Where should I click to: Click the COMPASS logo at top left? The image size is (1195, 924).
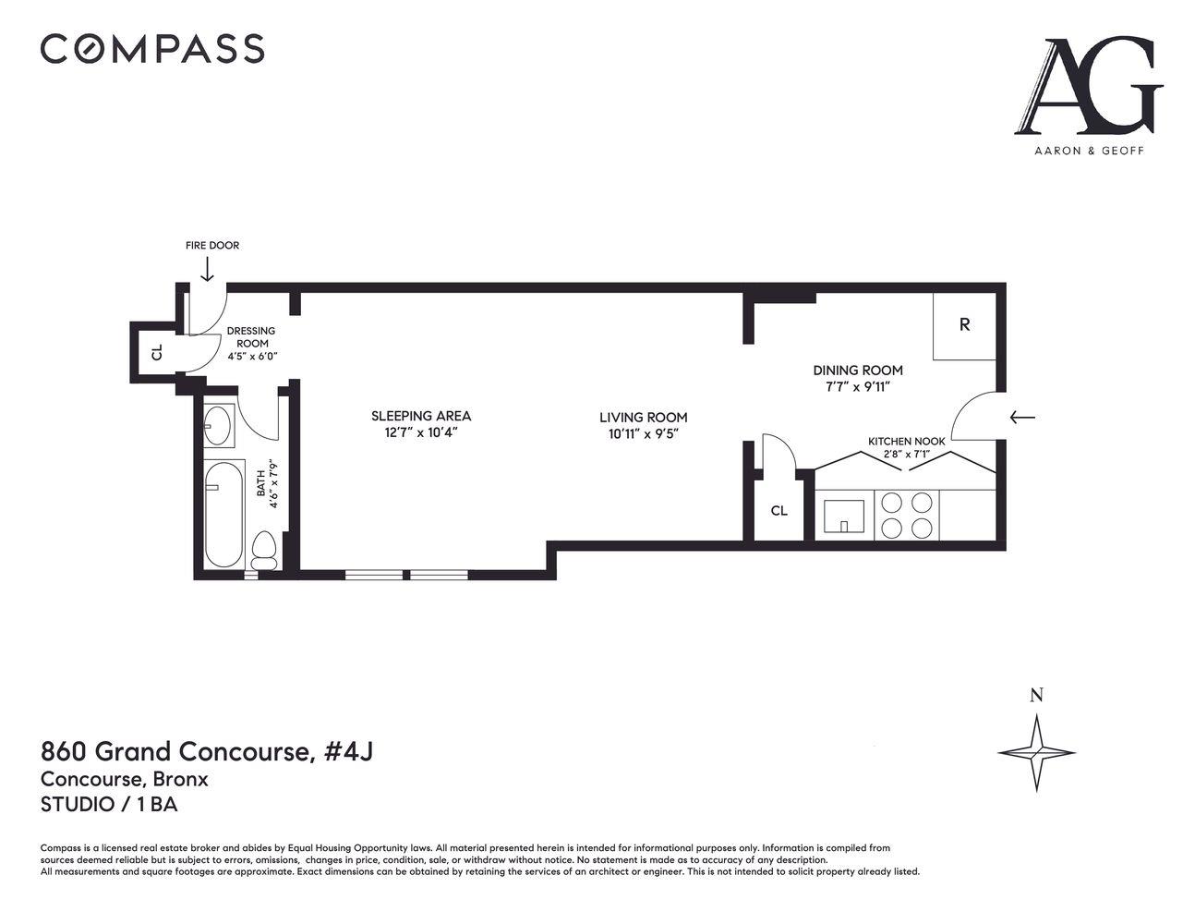tap(152, 48)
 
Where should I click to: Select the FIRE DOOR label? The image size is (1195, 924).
tap(211, 246)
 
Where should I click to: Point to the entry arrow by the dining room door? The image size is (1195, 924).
tap(1021, 418)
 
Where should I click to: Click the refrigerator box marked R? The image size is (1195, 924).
tap(964, 325)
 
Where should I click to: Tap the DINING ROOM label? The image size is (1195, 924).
tap(857, 371)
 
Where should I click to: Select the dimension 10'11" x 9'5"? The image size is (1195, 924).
tap(643, 434)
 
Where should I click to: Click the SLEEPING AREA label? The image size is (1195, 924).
tap(421, 416)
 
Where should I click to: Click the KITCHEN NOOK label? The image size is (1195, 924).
tap(906, 442)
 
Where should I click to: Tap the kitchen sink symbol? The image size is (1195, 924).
tap(844, 517)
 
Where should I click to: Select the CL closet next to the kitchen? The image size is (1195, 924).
tap(779, 510)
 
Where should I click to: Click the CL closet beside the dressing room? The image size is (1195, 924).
tap(157, 352)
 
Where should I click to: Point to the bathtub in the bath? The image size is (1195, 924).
tap(223, 515)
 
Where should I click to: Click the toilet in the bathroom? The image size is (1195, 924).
tap(265, 552)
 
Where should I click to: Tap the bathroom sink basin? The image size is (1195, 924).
tap(218, 425)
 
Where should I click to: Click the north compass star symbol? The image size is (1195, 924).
tap(1036, 752)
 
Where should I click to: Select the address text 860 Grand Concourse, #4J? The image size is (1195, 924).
tap(207, 751)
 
